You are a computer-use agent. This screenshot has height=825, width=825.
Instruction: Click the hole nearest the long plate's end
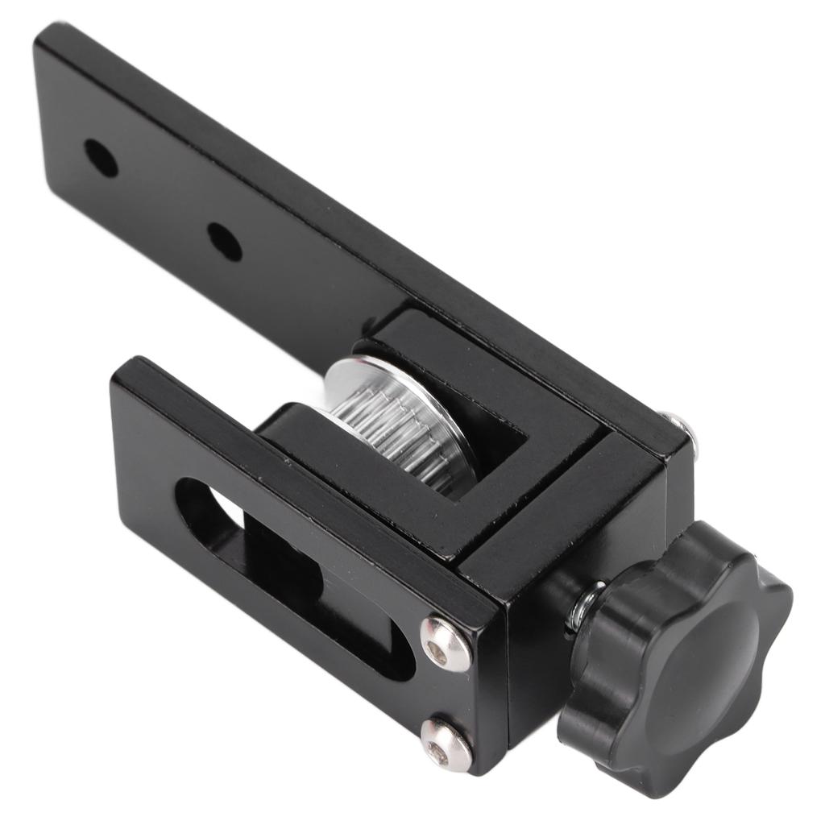click(x=101, y=159)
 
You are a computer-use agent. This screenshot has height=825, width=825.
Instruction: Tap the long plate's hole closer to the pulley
click(x=224, y=241)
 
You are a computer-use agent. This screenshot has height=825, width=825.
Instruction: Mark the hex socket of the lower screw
click(x=438, y=752)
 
